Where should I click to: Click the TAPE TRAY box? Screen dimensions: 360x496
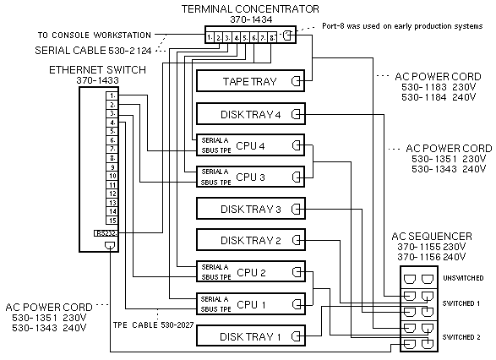[x=249, y=81]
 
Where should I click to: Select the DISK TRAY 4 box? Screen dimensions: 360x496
[x=249, y=114]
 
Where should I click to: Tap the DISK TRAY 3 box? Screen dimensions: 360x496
[x=249, y=209]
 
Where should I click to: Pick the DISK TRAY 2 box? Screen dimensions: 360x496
[x=249, y=240]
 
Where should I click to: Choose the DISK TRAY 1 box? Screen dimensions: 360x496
[x=249, y=336]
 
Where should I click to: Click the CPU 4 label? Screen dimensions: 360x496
[x=251, y=145]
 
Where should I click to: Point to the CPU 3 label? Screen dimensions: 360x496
[x=251, y=177]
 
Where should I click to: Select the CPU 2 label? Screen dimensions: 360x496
[x=251, y=272]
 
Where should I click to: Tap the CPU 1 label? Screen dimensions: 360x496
[x=251, y=303]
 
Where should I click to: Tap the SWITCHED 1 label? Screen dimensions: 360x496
[x=461, y=303]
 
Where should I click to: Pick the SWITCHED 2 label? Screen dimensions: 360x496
[x=461, y=335]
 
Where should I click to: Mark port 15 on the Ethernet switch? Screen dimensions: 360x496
[x=112, y=219]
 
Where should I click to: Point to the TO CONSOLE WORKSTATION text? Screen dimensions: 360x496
[x=94, y=35]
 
